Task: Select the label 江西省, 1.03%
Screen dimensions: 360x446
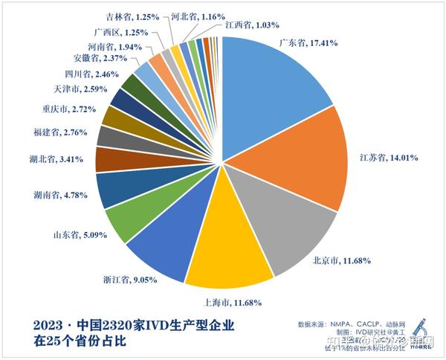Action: [253, 24]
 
